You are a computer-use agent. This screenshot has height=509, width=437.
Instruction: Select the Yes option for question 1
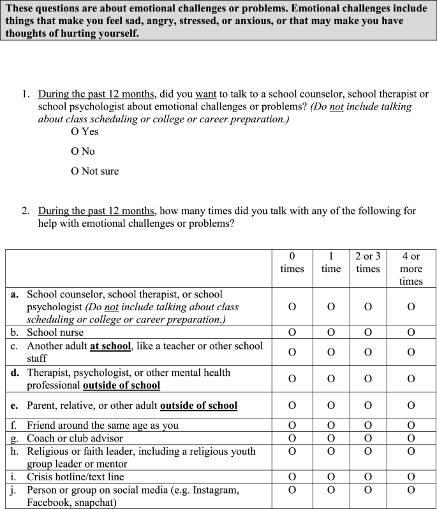75,132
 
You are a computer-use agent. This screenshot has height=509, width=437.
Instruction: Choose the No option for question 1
75,152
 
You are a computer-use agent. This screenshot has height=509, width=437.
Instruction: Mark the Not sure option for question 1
75,171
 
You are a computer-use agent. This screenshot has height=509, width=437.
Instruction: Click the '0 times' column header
292,262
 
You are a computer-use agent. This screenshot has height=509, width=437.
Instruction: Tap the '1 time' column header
330,262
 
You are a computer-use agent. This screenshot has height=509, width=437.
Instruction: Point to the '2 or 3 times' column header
368,262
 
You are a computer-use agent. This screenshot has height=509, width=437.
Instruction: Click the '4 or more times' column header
411,269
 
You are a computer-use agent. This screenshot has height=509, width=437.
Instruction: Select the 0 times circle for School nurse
292,332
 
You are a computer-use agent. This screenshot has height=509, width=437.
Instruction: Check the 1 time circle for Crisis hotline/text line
330,477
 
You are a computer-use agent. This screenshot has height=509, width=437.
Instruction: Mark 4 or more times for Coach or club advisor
411,438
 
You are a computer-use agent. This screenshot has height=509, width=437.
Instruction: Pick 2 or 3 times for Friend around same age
368,425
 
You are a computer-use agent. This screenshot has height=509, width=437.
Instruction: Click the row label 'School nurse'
55,332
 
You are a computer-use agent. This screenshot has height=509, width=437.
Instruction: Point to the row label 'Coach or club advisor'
75,438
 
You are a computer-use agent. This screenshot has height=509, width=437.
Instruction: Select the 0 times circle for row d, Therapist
292,379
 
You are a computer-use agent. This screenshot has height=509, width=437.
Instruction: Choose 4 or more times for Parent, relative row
411,405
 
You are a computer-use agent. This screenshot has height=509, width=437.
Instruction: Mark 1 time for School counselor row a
330,307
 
